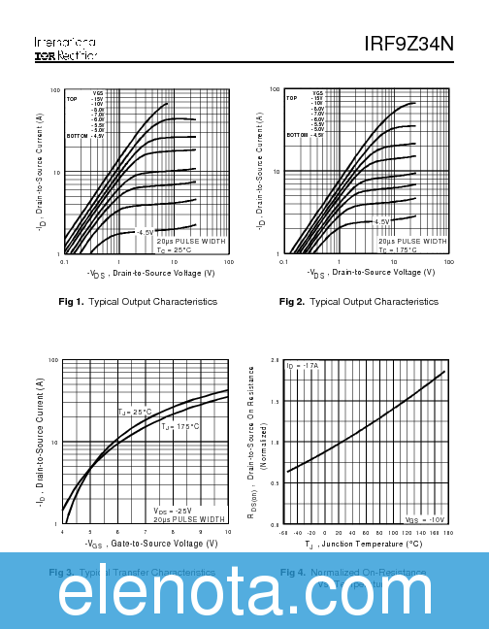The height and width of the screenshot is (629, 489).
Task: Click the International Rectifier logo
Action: [65, 50]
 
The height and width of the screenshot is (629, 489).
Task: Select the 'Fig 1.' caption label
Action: [72, 302]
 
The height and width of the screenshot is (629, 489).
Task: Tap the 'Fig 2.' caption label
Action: [292, 302]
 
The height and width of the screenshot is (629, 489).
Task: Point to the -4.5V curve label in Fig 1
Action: [145, 233]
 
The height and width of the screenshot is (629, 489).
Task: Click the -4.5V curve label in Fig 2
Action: [381, 222]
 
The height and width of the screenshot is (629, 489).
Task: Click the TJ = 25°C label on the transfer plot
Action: [135, 413]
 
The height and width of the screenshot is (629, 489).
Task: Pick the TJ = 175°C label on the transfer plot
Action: [179, 426]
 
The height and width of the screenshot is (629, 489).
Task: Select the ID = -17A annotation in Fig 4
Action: [303, 366]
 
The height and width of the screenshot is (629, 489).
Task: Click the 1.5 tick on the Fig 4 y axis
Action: [276, 401]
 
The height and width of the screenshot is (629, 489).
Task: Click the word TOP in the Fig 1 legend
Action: [72, 99]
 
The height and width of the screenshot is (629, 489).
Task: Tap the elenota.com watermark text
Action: [244, 590]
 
